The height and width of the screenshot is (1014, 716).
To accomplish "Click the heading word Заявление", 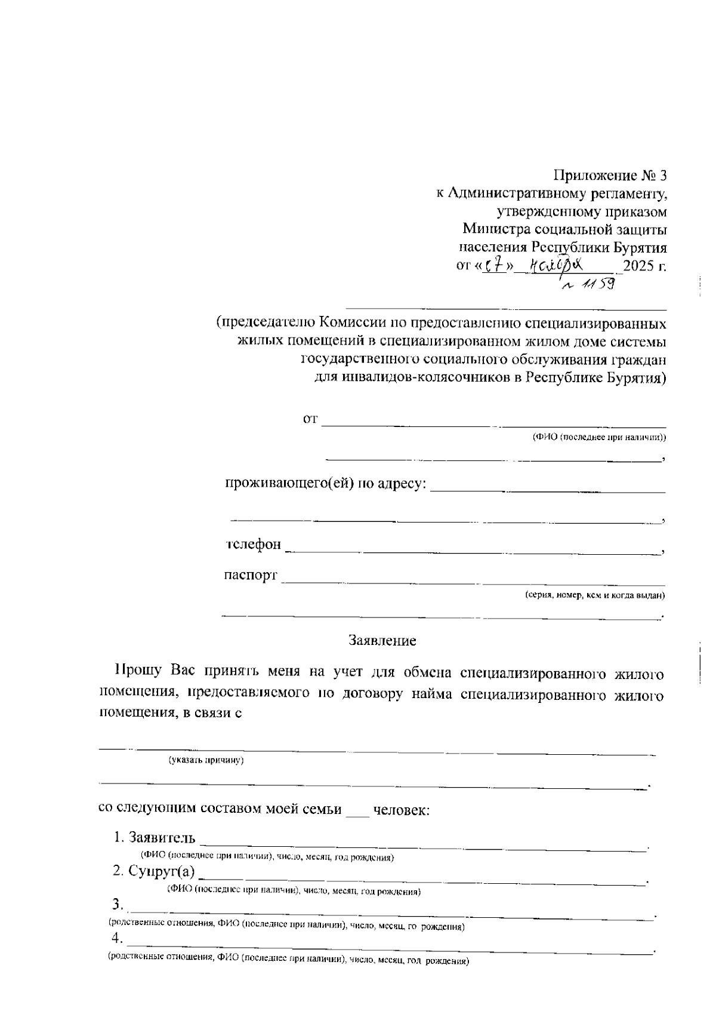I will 382,641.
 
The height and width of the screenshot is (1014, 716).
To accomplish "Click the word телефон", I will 253,545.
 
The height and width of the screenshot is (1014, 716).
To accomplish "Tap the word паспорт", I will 251,576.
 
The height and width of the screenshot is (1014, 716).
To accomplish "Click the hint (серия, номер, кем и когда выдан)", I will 595,595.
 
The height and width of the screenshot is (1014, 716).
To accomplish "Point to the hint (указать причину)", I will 206,760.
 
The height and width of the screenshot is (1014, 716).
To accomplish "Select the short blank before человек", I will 357,813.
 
